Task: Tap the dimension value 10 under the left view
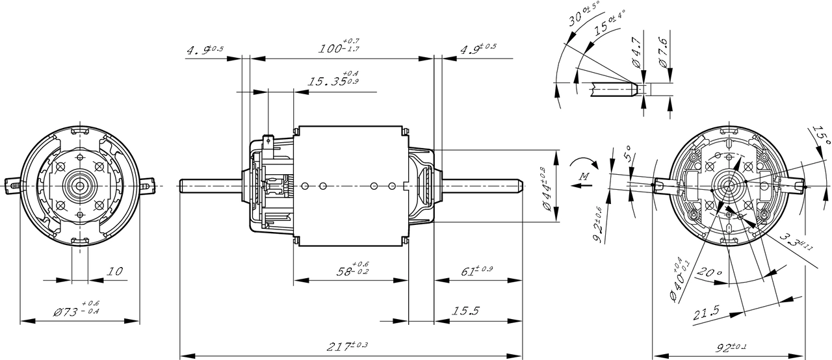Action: coord(114,272)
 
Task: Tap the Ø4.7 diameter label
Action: coord(637,55)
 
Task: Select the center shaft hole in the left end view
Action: coord(80,186)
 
